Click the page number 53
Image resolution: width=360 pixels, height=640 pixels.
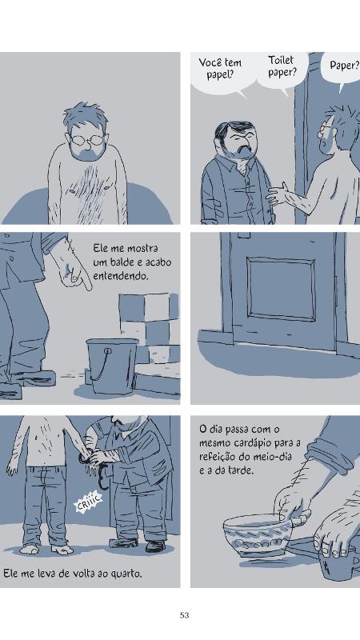184,614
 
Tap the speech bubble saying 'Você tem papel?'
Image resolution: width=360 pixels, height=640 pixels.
220,70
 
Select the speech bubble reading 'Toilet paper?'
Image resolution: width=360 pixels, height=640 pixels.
282,66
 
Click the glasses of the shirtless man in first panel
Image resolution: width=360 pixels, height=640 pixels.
87,138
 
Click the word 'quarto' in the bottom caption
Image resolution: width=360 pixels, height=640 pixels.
123,573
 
